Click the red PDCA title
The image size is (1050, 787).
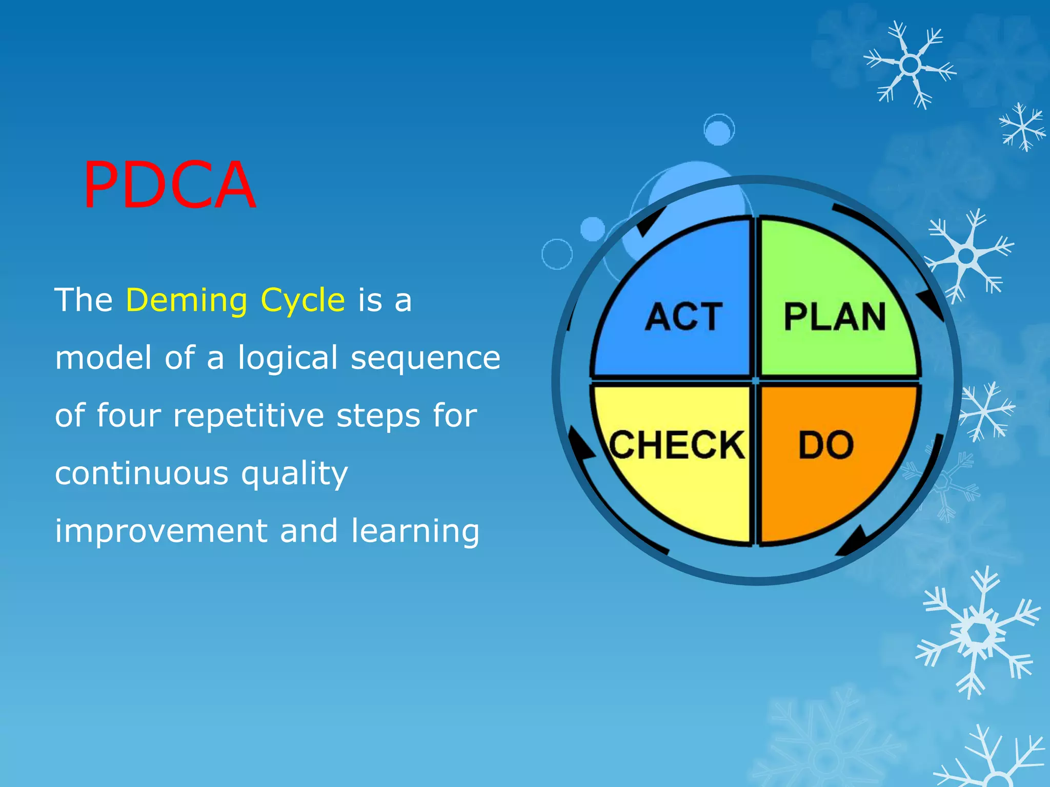(x=169, y=185)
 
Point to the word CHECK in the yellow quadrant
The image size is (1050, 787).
(x=677, y=445)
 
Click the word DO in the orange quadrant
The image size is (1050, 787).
(x=826, y=445)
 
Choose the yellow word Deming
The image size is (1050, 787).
(x=187, y=301)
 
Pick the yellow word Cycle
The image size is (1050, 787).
(x=302, y=301)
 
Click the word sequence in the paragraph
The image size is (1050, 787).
(x=426, y=359)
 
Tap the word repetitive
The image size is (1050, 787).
(x=248, y=415)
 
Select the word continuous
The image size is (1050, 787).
(x=142, y=473)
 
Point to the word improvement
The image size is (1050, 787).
(x=161, y=531)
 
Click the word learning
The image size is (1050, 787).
(x=415, y=531)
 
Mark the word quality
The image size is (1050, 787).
(x=295, y=474)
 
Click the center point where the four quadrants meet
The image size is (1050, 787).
(x=755, y=381)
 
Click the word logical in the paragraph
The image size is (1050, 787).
(x=288, y=359)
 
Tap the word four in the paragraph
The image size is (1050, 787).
(x=128, y=415)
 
